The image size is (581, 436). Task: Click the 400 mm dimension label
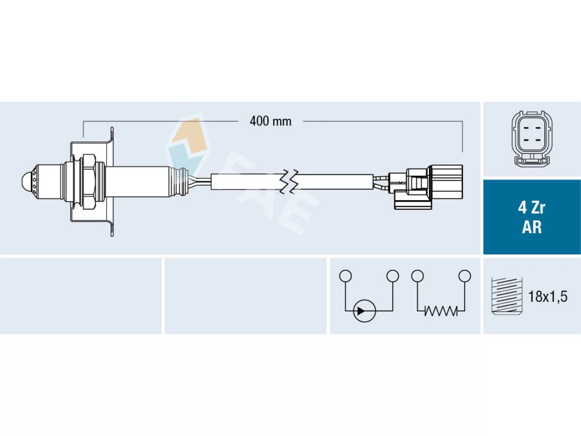270,122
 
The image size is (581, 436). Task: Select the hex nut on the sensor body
89,182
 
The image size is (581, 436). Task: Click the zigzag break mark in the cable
289,182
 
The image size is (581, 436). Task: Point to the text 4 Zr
532,208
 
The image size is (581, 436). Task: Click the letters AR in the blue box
532,227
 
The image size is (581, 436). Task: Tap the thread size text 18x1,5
548,296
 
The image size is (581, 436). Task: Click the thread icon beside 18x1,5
507,296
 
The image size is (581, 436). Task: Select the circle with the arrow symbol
364,311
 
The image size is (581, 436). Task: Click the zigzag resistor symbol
441,311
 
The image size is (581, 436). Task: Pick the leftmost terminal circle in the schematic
345,276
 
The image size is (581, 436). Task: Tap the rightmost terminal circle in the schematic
465,276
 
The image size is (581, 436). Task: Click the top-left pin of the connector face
526,129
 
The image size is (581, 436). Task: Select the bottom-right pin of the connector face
537,139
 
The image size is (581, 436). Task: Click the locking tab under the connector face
532,161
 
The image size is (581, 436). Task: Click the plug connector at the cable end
426,187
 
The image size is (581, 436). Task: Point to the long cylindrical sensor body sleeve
138,182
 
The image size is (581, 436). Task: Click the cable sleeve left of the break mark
246,182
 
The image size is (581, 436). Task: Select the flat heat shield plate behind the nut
112,182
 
